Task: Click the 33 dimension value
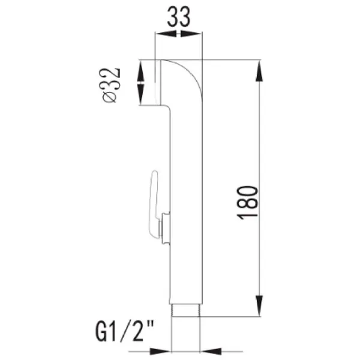(179, 17)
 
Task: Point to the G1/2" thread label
(125, 331)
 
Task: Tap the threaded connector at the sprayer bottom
(186, 311)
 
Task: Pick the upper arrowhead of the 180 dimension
(259, 71)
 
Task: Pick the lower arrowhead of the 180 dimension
(259, 305)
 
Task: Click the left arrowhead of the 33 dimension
(166, 34)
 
